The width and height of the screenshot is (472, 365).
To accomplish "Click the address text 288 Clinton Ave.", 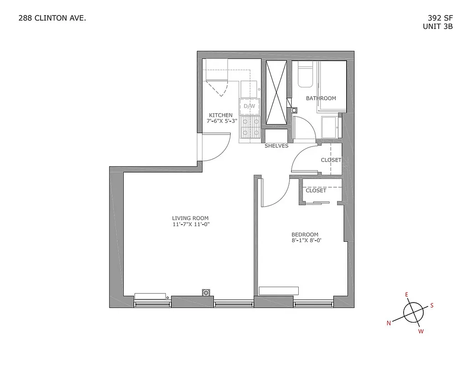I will coord(52,19).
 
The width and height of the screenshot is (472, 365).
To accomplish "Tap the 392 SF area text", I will coord(440,19).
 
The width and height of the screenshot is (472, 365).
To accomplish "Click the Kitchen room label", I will coord(221,115).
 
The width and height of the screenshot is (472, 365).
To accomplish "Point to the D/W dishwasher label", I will coord(249,106).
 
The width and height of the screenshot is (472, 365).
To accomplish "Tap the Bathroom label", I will coord(321,98).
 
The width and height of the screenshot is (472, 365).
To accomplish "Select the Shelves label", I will coord(276,146).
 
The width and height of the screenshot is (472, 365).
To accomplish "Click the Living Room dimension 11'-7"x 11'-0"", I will coord(190,224).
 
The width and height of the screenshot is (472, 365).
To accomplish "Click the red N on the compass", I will coord(389,323).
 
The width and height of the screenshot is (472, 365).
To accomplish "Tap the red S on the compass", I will coord(432,306).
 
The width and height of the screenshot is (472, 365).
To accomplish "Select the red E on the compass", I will coord(406,295).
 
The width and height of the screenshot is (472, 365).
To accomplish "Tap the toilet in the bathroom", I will coord(304,75).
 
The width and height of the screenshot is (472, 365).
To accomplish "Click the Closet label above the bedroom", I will coord(316,190).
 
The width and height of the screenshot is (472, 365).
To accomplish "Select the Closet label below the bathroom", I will coord(331,160).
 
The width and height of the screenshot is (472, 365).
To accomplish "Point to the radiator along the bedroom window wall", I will coord(278,291).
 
